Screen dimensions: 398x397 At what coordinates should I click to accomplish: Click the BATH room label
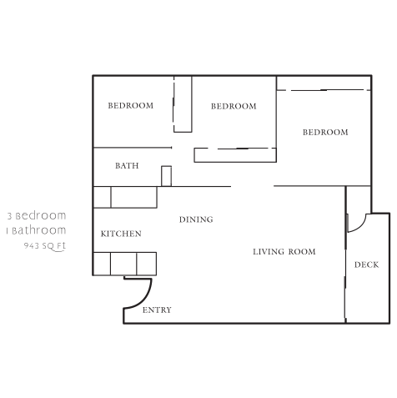point(127,166)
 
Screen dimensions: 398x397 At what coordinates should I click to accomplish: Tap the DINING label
point(196,220)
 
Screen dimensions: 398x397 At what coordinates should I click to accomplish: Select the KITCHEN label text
point(121,234)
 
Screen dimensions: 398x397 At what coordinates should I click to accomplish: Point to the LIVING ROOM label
point(284,251)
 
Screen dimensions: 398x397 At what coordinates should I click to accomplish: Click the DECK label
point(366,265)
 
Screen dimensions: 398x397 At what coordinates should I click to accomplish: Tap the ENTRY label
point(157,310)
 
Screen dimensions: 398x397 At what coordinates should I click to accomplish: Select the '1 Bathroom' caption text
point(36,230)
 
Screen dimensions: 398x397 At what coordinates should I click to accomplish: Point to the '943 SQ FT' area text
point(45,246)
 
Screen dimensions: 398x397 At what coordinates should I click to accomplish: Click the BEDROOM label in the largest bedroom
point(325,133)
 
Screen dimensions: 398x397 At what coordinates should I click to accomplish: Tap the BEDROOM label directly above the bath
point(131,106)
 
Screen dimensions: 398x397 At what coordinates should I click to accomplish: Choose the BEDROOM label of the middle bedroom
point(233,107)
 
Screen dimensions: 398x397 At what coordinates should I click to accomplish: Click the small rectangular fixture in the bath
point(166,175)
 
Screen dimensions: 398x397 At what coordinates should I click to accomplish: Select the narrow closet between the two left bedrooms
point(183,103)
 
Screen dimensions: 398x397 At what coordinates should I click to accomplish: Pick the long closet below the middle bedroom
point(235,154)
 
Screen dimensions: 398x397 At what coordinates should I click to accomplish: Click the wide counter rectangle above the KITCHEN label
point(133,197)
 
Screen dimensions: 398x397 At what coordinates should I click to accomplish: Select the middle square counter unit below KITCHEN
point(123,264)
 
